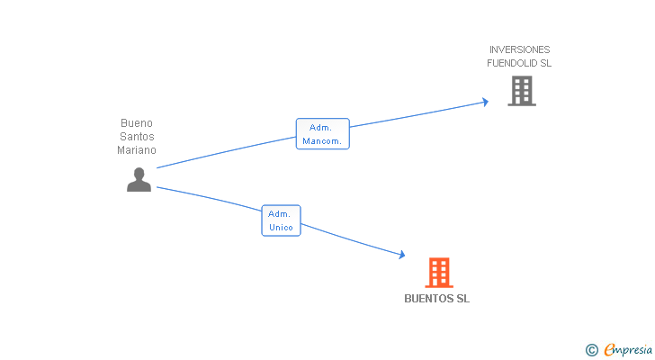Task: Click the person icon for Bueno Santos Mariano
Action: [139, 180]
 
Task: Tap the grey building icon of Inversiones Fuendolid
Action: [522, 91]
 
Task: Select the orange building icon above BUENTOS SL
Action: [438, 272]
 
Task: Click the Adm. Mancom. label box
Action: [322, 134]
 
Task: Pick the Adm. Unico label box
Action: [281, 220]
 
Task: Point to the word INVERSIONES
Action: [519, 49]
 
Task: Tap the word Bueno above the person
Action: [137, 123]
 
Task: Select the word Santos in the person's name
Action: [137, 137]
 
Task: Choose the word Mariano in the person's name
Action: [137, 150]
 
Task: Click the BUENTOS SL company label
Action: [437, 299]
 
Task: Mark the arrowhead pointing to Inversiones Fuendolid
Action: [485, 102]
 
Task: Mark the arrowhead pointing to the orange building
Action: [401, 256]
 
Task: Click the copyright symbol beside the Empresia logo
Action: [591, 350]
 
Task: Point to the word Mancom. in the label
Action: [322, 141]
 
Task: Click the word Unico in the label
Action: [281, 228]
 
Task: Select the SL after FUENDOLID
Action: [545, 64]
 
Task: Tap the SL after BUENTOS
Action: [462, 299]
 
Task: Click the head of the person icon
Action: [139, 173]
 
